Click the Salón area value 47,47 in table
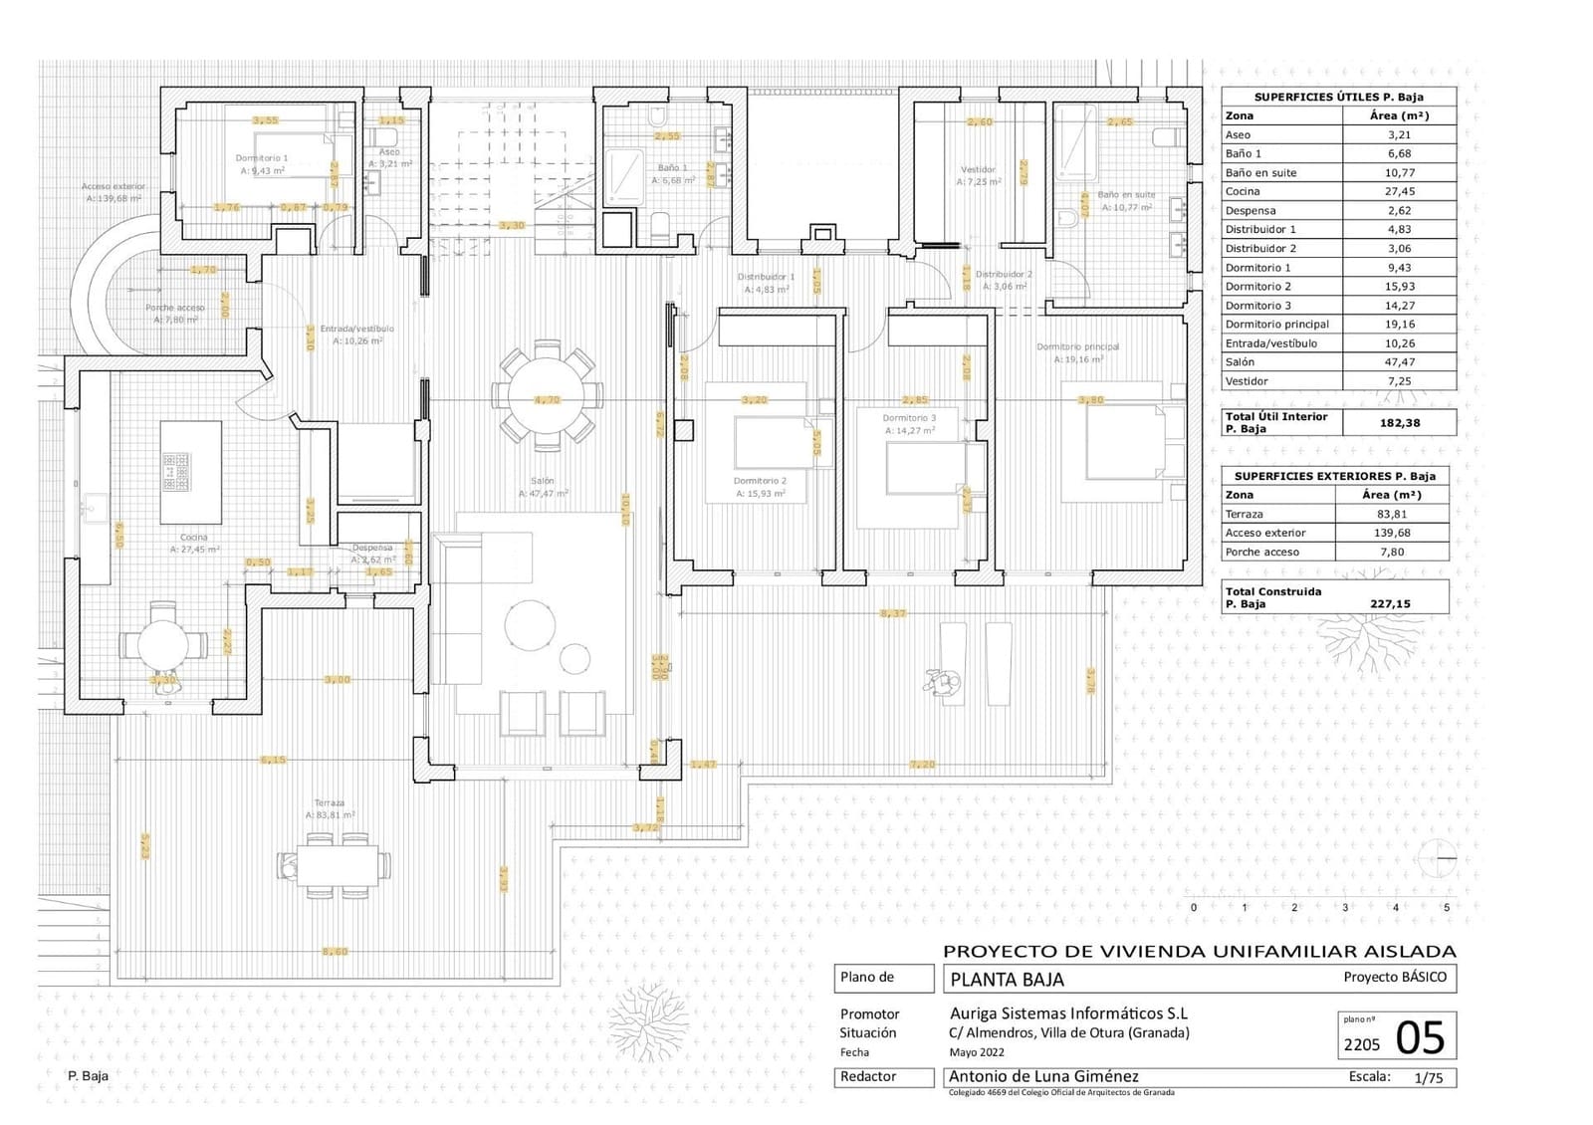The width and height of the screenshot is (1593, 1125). point(1399,362)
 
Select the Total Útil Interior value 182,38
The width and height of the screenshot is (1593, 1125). point(1399,423)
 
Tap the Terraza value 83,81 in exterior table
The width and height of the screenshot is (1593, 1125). point(1392,515)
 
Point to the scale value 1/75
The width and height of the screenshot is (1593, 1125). point(1428,1077)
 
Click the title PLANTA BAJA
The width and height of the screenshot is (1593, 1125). point(1007,980)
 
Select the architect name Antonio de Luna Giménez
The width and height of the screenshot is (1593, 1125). point(1042,1076)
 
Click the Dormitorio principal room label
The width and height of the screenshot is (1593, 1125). point(1077,347)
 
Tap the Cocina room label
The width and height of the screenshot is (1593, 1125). point(194,538)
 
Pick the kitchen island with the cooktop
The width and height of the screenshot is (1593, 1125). point(191,471)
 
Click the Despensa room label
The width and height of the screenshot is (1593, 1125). point(372,548)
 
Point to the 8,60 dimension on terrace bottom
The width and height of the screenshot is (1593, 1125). point(335,952)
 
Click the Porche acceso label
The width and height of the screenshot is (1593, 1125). point(175,309)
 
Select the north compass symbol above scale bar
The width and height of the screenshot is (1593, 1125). point(1440,857)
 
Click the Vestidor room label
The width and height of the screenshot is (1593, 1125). point(978,170)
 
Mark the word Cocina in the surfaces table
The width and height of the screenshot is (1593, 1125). point(1243,191)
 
